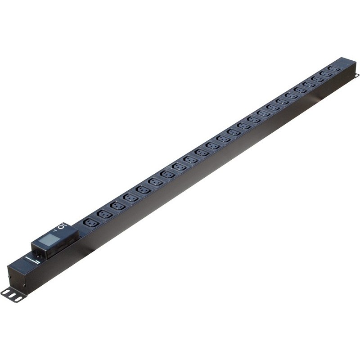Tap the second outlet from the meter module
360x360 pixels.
(104, 214)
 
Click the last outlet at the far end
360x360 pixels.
(333, 68)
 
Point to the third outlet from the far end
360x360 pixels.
(317, 79)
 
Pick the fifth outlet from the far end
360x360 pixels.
(300, 90)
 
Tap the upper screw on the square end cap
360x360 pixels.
(9, 272)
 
